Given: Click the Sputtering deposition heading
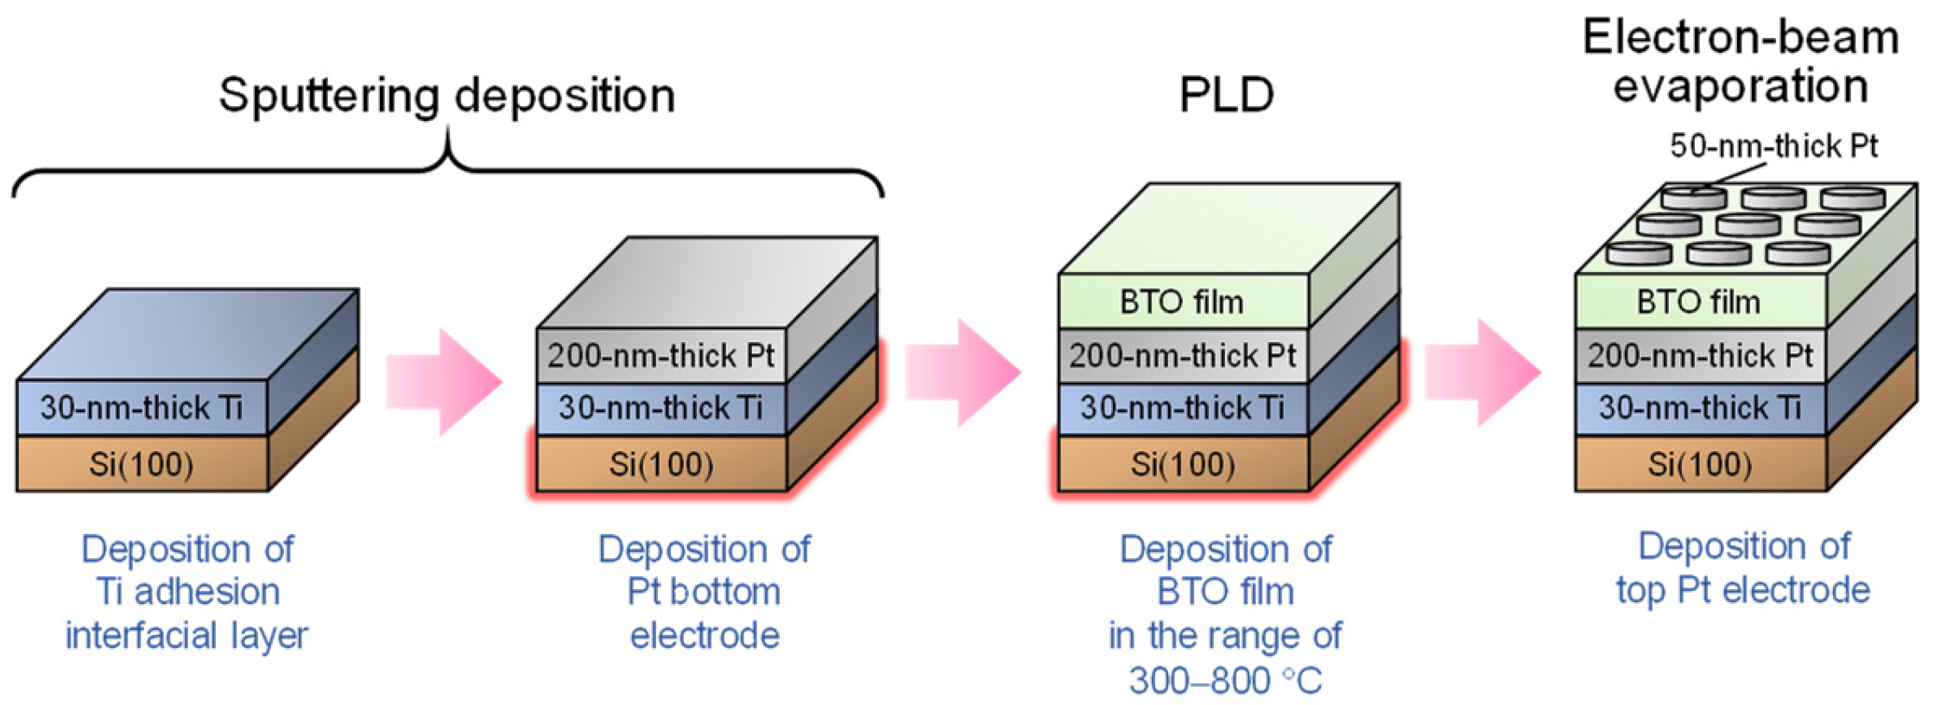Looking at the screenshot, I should click(x=446, y=95).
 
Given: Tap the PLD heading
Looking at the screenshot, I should click(x=1226, y=95).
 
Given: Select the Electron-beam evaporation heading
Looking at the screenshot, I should click(x=1740, y=62).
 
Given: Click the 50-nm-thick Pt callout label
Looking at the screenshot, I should click(x=1773, y=146).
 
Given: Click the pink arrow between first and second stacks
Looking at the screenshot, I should click(x=444, y=381).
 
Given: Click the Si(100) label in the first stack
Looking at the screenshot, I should click(x=141, y=465).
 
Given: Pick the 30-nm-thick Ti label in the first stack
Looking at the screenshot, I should click(x=141, y=408).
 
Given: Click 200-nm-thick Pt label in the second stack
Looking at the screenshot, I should click(x=660, y=355).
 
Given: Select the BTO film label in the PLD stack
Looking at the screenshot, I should click(x=1181, y=302).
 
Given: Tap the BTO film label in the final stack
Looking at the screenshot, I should click(x=1698, y=302).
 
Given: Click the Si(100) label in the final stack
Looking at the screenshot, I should click(x=1699, y=465).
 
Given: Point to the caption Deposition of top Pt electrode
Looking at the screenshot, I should click(x=1743, y=568).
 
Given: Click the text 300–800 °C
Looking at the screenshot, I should click(x=1225, y=681).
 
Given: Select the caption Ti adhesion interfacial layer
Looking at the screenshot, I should click(x=186, y=613).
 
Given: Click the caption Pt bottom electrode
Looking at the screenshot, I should click(x=704, y=613).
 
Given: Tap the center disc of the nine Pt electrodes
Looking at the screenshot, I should click(x=1748, y=225).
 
